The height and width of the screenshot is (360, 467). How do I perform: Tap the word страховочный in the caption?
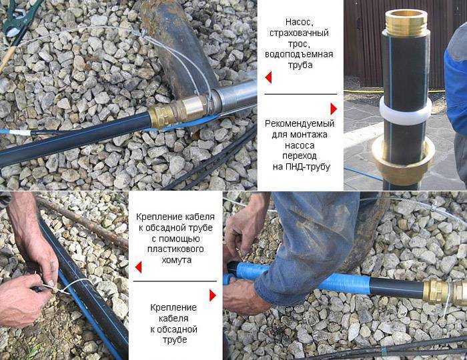pyautogui.click(x=299, y=33)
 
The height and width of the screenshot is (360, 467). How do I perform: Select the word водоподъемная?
pyautogui.click(x=299, y=54)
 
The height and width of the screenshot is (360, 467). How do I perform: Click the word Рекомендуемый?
pyautogui.click(x=300, y=124)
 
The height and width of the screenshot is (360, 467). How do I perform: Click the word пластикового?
pyautogui.click(x=175, y=249)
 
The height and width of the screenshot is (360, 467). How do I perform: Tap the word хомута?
pyautogui.click(x=177, y=260)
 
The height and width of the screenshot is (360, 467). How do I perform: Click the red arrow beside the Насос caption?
pyautogui.click(x=268, y=77)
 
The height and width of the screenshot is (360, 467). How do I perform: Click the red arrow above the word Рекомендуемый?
pyautogui.click(x=334, y=109)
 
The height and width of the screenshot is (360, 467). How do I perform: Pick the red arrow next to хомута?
pyautogui.click(x=138, y=267)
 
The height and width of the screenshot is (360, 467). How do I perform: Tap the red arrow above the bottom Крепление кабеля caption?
pyautogui.click(x=213, y=295)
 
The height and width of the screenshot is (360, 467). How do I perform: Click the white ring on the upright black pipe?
pyautogui.click(x=406, y=111)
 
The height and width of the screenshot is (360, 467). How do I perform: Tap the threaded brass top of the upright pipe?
pyautogui.click(x=406, y=20)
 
